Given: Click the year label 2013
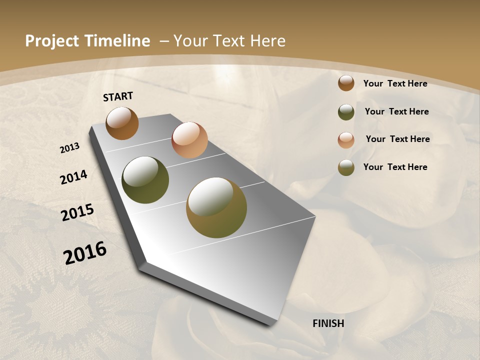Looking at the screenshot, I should tap(70, 148).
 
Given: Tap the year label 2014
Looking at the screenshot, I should tap(74, 177).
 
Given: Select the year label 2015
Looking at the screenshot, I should tap(77, 212).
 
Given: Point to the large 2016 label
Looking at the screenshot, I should tap(85, 252).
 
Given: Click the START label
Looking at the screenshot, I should tap(118, 96).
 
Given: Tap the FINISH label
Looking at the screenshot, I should tap(328, 323).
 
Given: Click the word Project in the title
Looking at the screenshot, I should tap(51, 41).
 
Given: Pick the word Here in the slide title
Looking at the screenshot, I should tap(268, 41).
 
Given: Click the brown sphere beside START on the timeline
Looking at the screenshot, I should tap(122, 123).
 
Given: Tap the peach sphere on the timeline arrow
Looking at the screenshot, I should tap(189, 140).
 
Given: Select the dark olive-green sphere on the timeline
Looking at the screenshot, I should tap(145, 180).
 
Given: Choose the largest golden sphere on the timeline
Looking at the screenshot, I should tap(216, 207).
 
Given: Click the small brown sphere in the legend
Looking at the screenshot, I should tap(346, 83).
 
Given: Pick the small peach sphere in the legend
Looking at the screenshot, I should tap(346, 139).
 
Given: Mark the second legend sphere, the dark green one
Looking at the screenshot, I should tap(346, 112).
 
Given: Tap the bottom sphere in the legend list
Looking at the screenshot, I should tap(346, 167).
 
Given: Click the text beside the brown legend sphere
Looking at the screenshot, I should tap(395, 83).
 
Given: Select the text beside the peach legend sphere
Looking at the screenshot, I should tap(397, 139).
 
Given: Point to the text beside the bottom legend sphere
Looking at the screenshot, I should tap(395, 167).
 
